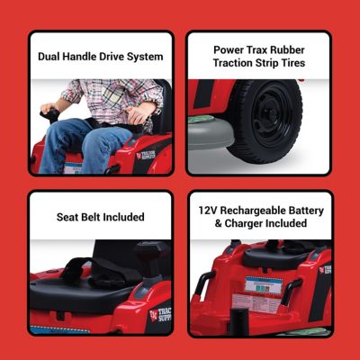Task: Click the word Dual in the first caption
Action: (x=50, y=57)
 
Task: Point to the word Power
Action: (x=230, y=49)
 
